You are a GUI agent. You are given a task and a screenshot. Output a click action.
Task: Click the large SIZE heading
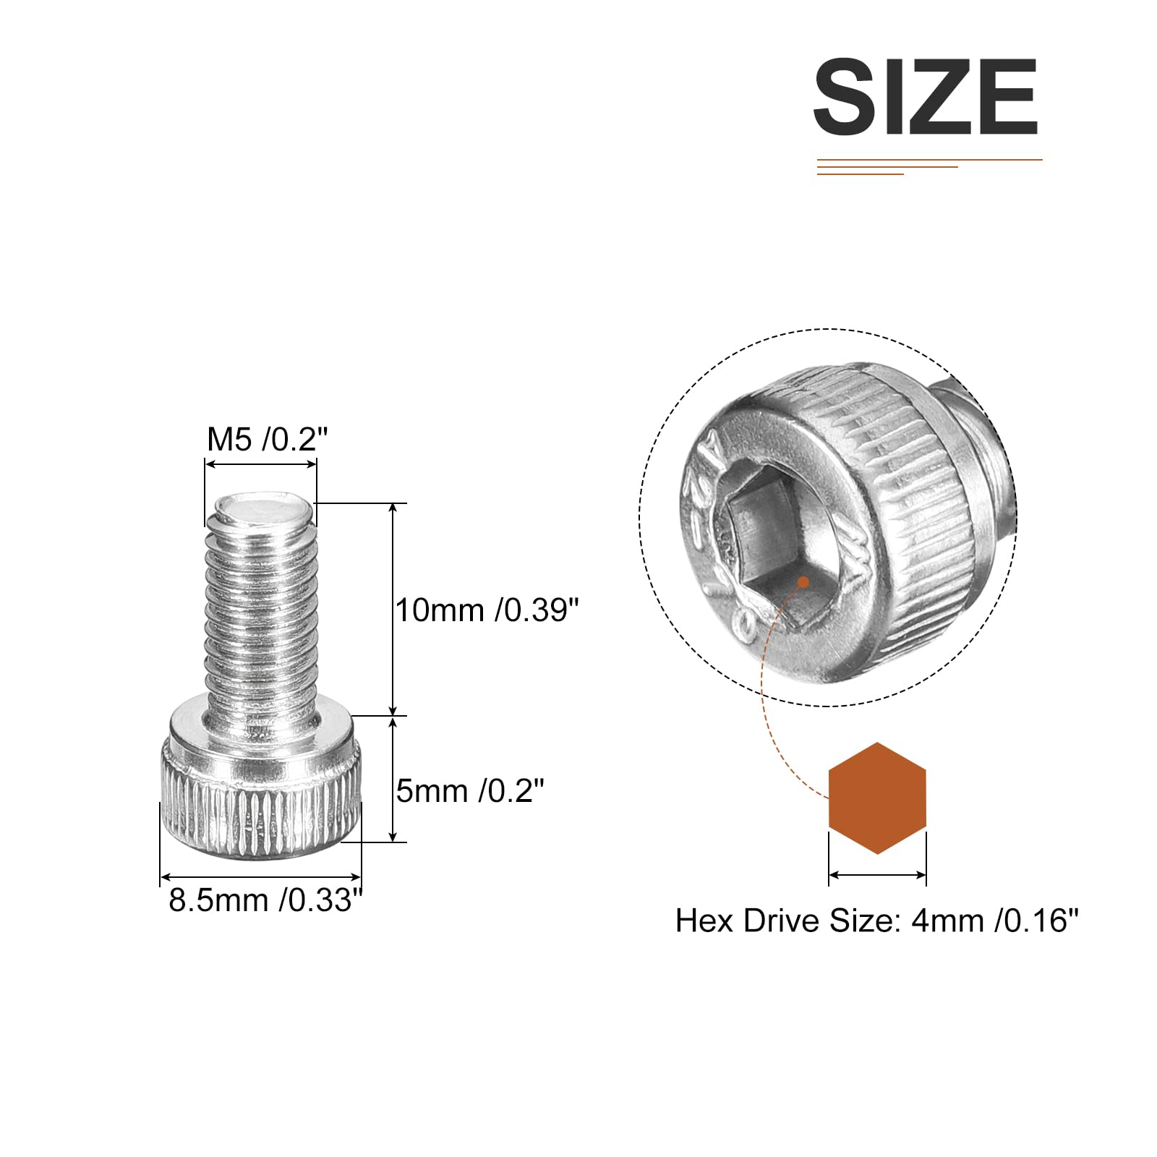926,97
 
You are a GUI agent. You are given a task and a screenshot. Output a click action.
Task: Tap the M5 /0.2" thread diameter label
268,439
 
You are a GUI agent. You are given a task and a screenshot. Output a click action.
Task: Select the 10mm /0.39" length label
487,610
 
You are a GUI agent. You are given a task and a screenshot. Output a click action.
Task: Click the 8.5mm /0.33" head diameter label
265,900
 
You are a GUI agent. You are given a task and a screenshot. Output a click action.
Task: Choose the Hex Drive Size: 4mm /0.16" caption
876,921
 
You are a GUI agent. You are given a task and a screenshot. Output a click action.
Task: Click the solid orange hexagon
877,798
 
